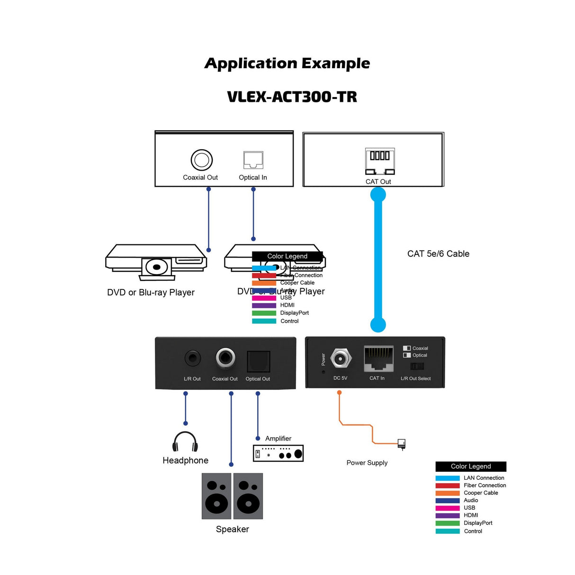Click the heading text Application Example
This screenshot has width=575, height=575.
(x=287, y=63)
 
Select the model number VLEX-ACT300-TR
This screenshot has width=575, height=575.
(x=292, y=97)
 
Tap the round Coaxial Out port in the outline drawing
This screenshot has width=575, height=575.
(x=201, y=160)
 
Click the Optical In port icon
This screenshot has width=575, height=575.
(x=253, y=160)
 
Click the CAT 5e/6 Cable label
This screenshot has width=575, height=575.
(x=438, y=254)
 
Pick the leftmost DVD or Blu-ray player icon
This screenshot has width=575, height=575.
(x=156, y=262)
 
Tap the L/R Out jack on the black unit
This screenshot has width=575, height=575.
(x=192, y=358)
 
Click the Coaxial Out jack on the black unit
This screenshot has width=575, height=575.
(x=225, y=358)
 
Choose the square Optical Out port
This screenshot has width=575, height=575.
(x=258, y=362)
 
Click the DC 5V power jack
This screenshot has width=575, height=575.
(x=340, y=359)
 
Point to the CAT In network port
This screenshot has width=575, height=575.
(x=378, y=359)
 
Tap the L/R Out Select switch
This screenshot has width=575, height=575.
(x=417, y=366)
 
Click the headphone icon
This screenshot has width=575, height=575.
(x=185, y=441)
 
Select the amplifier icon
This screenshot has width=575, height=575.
(x=278, y=453)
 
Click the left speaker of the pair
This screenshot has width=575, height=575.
(x=216, y=496)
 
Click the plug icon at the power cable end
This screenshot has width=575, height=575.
(x=402, y=444)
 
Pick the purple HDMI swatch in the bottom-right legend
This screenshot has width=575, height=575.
(x=447, y=515)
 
